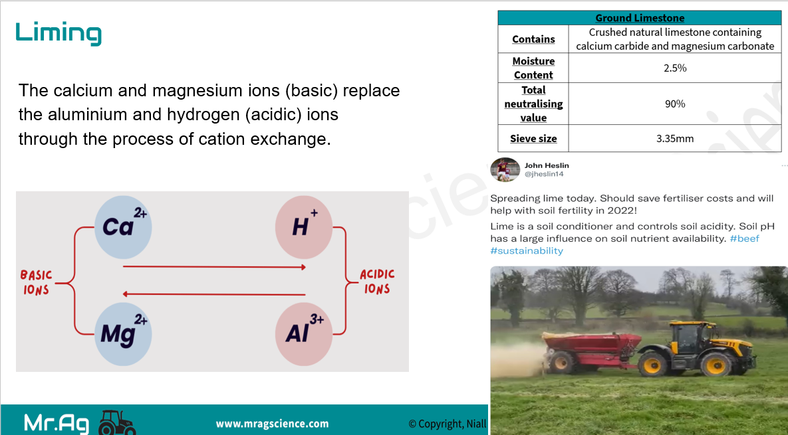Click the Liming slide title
point(59,33)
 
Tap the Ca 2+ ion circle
point(123,226)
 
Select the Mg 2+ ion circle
point(123,334)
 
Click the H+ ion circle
point(303,226)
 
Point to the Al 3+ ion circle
point(303,334)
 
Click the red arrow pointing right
point(215,267)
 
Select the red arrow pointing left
point(215,294)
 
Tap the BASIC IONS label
point(36,282)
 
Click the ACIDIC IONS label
point(377,282)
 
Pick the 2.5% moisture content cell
point(675,68)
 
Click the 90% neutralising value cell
point(675,104)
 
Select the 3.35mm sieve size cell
point(675,139)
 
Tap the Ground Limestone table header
point(640,18)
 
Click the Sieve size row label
point(533,139)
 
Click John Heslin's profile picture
point(505,169)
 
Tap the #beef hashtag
point(745,238)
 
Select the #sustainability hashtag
point(527,250)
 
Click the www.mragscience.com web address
point(273,424)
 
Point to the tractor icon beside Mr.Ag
point(117,423)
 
